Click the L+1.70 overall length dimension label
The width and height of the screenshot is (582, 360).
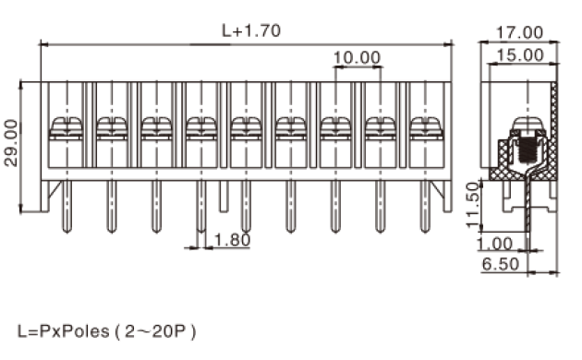click(251, 30)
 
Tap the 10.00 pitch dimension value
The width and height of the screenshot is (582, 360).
click(357, 57)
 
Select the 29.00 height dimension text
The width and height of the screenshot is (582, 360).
click(11, 143)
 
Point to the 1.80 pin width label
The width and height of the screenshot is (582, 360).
click(233, 240)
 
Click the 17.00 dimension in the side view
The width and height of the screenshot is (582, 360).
click(519, 32)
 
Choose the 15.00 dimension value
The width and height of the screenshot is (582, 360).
click(519, 55)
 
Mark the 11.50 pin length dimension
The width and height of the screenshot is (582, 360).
click(473, 204)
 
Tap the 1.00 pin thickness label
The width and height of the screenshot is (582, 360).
click(495, 244)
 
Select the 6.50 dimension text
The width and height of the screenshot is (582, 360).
click(501, 264)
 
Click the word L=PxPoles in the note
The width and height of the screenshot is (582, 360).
click(64, 331)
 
